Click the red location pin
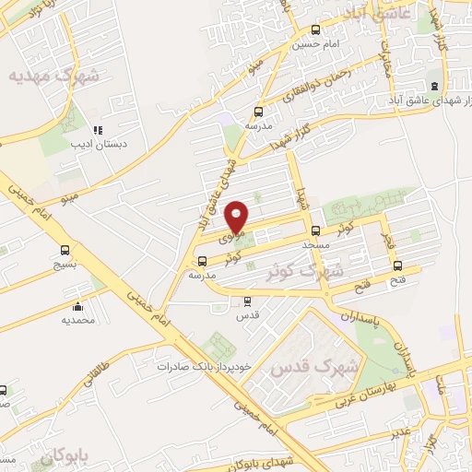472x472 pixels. click(x=237, y=217)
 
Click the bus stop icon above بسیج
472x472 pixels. click(x=64, y=249)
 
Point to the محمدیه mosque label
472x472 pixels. click(x=78, y=320)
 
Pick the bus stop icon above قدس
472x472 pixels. click(x=246, y=301)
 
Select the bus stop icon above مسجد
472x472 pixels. click(x=316, y=231)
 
